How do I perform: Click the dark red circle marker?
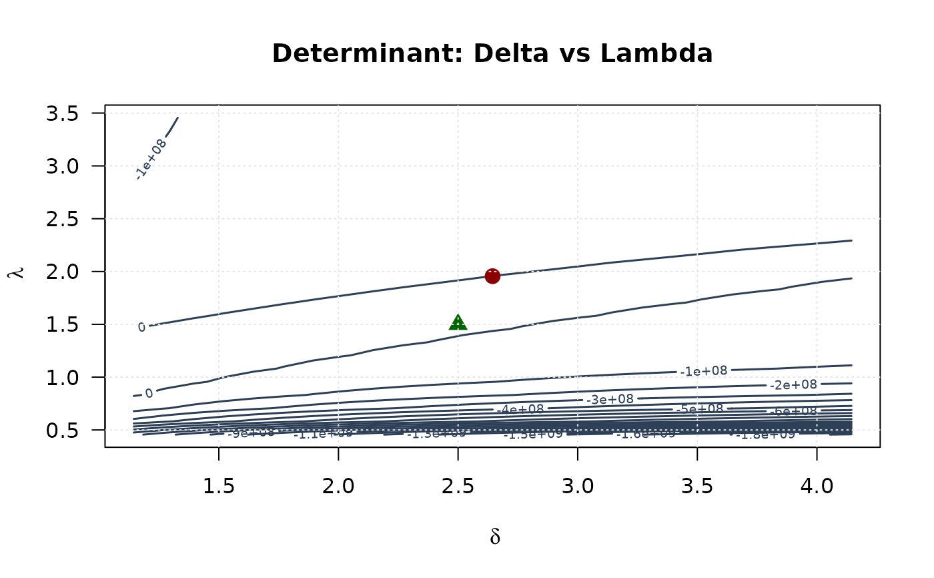(492, 276)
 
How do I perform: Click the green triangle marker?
(458, 323)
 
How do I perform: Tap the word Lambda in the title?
(656, 53)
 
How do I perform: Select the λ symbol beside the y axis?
(18, 272)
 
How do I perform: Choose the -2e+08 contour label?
(793, 384)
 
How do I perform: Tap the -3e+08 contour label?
(610, 399)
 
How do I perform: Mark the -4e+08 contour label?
(520, 409)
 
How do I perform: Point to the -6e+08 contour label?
(793, 411)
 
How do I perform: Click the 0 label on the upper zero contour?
(141, 327)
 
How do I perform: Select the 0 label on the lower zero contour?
(149, 394)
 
